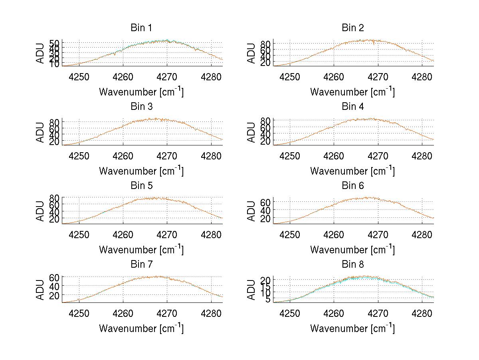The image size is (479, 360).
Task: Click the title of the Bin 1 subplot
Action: [x=141, y=28]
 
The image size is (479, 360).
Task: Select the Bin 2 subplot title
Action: [x=352, y=28]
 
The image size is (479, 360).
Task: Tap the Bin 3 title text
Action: [x=141, y=107]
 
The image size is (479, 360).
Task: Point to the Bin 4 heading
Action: [x=352, y=107]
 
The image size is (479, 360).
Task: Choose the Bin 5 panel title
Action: [x=141, y=186]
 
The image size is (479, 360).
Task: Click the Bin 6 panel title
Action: [x=352, y=186]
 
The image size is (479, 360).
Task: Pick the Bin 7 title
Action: [x=141, y=265]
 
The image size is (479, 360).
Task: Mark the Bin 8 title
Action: [x=352, y=265]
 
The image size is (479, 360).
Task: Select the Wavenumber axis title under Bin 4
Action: [x=352, y=171]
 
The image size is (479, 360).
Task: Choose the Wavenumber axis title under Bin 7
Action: [x=141, y=328]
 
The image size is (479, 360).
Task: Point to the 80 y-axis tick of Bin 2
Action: [x=265, y=43]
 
